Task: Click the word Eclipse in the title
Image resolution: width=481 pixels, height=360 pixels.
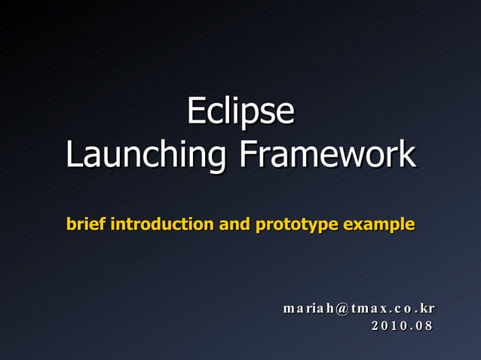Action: click(240, 111)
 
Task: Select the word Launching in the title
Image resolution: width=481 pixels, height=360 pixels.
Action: click(148, 155)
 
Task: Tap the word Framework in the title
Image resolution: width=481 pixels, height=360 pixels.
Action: click(327, 154)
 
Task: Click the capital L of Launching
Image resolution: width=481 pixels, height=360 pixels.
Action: click(72, 154)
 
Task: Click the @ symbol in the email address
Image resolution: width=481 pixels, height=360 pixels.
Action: click(339, 309)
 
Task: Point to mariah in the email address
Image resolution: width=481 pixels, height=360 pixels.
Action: click(307, 309)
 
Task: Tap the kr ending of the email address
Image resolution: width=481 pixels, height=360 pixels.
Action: click(427, 309)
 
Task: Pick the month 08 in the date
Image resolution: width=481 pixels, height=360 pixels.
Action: click(425, 326)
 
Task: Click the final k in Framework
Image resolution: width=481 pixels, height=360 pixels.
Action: click(407, 154)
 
